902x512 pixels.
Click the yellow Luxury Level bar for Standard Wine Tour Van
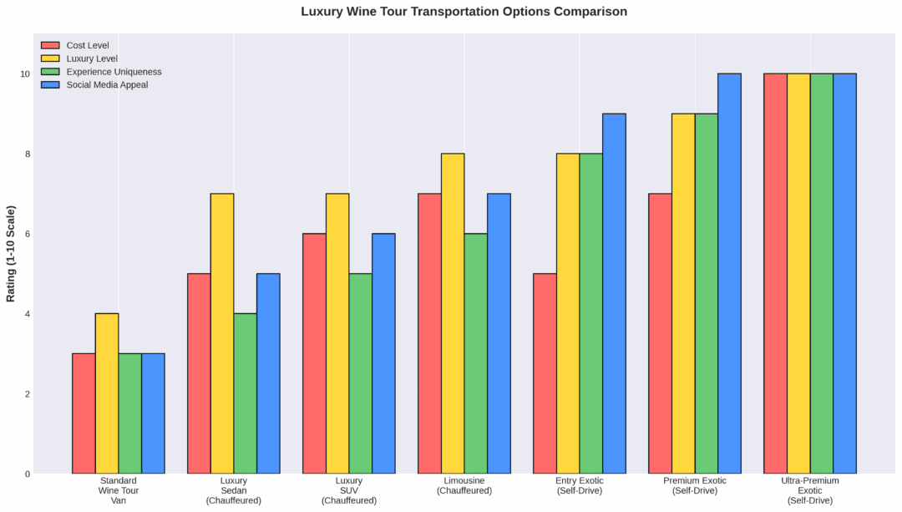[x=107, y=393]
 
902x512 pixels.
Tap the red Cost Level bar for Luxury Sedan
[x=199, y=373]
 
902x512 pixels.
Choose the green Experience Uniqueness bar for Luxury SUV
[x=361, y=373]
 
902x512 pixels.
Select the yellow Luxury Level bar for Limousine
[x=453, y=313]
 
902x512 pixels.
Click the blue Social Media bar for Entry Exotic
[x=614, y=293]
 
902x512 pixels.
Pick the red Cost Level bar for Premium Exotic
[x=660, y=333]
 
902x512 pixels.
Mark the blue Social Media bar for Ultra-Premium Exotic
[x=844, y=273]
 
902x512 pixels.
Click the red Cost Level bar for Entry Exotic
[x=545, y=373]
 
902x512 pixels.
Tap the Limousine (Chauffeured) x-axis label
[x=464, y=485]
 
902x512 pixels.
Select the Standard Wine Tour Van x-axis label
[x=119, y=490]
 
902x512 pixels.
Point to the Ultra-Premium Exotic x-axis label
[x=810, y=490]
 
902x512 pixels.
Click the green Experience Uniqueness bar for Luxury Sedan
[x=246, y=393]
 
